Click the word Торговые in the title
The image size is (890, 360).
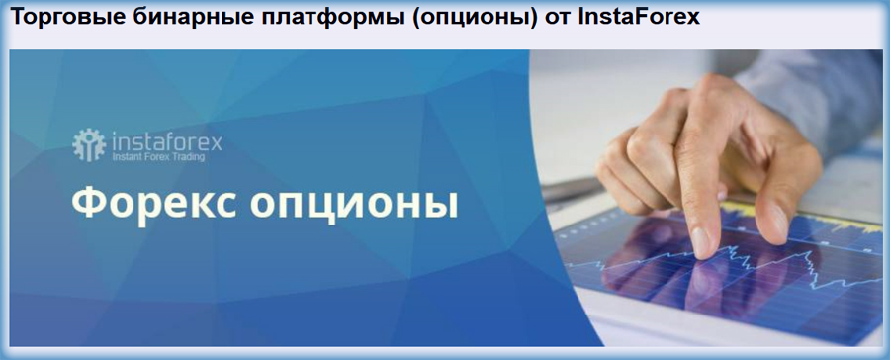click(60, 19)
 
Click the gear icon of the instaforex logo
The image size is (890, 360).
click(89, 145)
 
